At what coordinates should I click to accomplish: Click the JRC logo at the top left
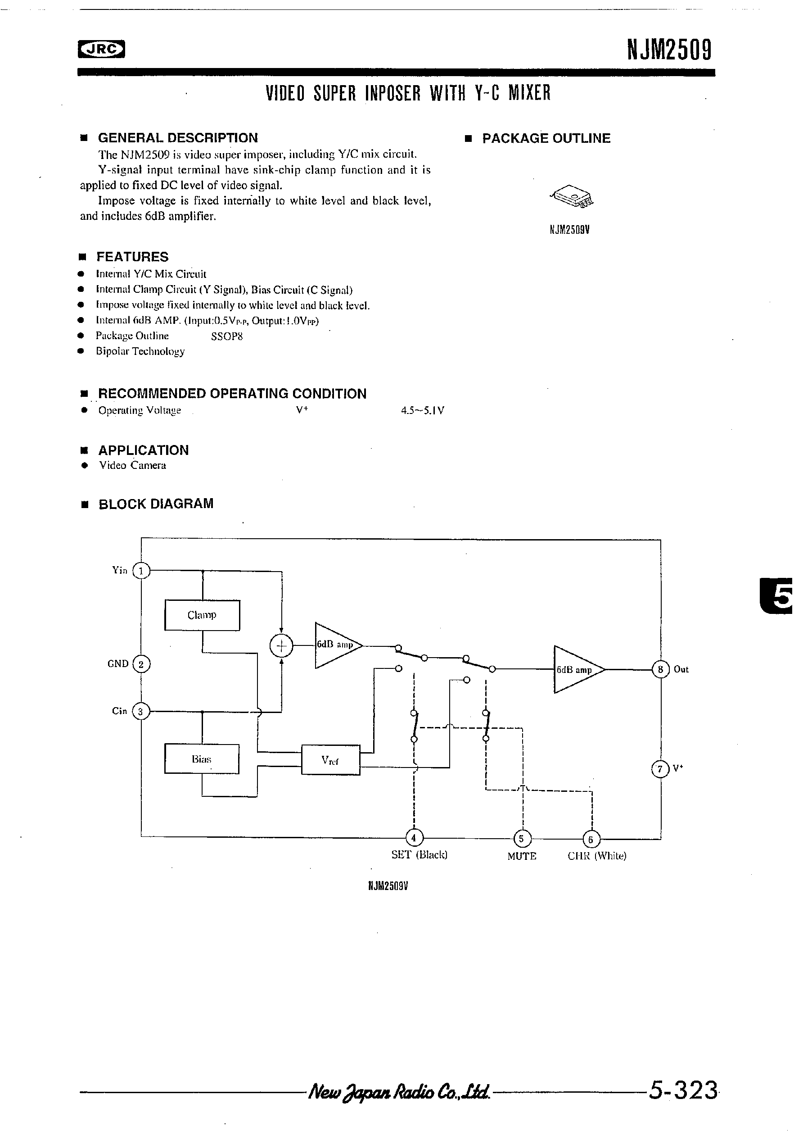(101, 49)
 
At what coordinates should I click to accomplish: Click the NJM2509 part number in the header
(669, 50)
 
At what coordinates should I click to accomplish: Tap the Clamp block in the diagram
(202, 615)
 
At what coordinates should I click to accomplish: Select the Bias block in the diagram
(202, 758)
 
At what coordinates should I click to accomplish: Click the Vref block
(330, 760)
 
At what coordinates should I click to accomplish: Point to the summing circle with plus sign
(281, 646)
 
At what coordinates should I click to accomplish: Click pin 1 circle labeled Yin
(141, 571)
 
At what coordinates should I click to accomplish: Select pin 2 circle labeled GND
(141, 664)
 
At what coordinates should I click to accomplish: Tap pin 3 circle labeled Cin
(141, 712)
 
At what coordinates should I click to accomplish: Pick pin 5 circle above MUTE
(522, 839)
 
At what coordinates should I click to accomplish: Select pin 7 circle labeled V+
(660, 770)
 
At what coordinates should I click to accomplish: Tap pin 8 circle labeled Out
(660, 669)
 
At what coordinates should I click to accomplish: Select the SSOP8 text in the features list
(227, 336)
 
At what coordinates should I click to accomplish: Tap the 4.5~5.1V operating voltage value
(422, 411)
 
